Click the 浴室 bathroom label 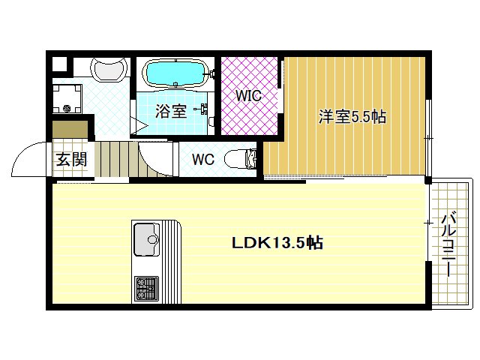pyautogui.click(x=171, y=112)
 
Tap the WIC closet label pyautogui.click(x=248, y=97)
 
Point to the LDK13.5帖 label pyautogui.click(x=277, y=243)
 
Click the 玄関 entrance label pyautogui.click(x=72, y=160)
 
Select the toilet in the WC pyautogui.click(x=242, y=158)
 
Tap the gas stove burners pyautogui.click(x=145, y=287)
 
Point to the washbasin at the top pyautogui.click(x=109, y=70)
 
